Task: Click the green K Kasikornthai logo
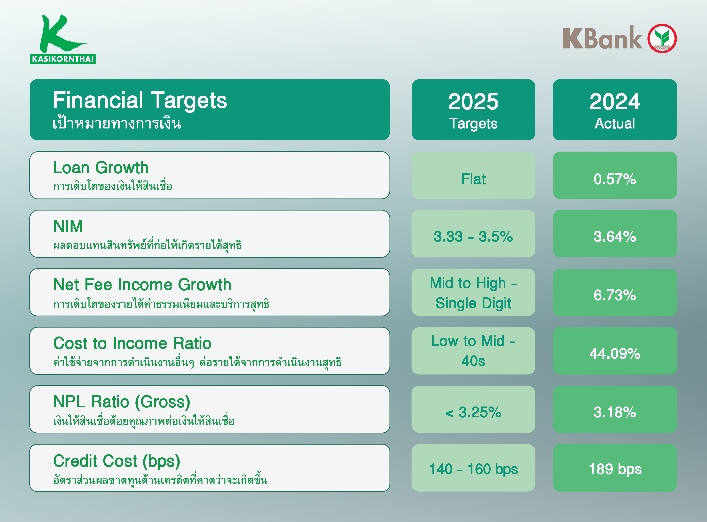(63, 39)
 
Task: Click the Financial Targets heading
(140, 100)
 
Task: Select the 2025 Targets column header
(473, 110)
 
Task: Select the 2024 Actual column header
(615, 110)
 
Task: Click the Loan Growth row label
(101, 168)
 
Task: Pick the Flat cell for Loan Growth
(473, 179)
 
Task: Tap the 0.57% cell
(615, 179)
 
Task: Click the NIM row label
(68, 226)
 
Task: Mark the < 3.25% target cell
(473, 412)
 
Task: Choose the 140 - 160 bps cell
(473, 469)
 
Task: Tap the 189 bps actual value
(615, 469)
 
